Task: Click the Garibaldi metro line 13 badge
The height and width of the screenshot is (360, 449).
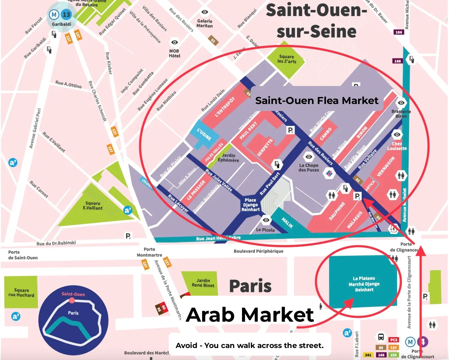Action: (66, 15)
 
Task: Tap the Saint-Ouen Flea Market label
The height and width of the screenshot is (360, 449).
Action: (317, 101)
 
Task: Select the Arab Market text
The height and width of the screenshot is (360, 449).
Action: (250, 315)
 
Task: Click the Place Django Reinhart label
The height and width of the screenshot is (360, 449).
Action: (250, 205)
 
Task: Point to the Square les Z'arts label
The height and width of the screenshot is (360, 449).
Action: (286, 59)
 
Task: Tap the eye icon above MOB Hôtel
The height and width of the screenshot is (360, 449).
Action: (174, 42)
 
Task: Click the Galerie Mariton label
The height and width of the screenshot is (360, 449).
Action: (205, 23)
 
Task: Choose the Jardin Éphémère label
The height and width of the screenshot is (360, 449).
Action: (228, 158)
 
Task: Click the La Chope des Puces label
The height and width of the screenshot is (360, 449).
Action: (309, 168)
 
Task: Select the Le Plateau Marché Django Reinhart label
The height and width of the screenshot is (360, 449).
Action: (364, 284)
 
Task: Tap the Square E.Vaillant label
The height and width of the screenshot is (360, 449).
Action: (93, 206)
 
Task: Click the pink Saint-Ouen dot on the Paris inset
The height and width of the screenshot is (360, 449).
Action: (72, 300)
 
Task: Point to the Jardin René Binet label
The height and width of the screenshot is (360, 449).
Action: (203, 283)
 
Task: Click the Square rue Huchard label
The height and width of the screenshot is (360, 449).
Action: (21, 293)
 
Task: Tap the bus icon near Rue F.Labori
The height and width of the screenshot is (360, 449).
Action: (381, 337)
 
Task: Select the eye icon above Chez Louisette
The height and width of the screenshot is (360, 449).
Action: (397, 135)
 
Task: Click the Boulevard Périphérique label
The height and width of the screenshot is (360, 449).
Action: (258, 251)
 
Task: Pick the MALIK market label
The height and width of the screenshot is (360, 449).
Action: (287, 223)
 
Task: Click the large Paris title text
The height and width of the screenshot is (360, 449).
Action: (250, 286)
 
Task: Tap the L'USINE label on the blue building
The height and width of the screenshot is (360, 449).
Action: (204, 135)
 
